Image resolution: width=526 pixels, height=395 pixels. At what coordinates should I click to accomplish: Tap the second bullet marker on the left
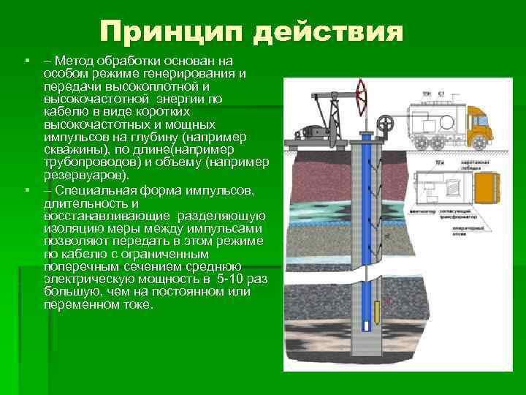[x=26, y=191]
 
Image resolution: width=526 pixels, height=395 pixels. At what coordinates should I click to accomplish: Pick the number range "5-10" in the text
[x=229, y=279]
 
